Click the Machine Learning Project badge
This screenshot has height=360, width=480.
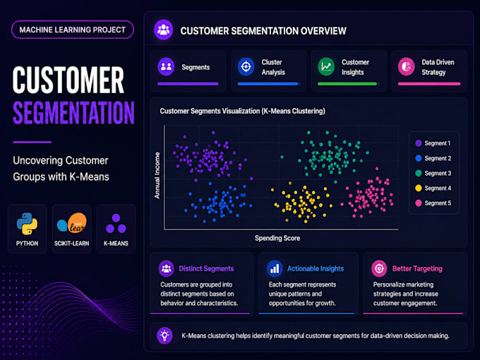tap(73, 30)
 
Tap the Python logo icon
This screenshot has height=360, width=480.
tap(27, 224)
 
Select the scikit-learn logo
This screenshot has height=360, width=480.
tap(71, 223)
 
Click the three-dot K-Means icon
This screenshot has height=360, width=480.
tap(116, 224)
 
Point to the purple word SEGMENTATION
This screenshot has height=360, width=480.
tap(73, 113)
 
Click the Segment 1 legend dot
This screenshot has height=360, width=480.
tap(419, 143)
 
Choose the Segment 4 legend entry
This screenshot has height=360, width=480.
tap(433, 188)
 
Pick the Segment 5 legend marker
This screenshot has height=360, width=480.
tap(419, 203)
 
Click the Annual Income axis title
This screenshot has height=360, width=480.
tap(157, 175)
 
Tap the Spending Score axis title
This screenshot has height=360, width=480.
tap(277, 238)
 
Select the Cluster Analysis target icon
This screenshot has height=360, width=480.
tap(246, 66)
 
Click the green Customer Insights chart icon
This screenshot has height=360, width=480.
tap(326, 66)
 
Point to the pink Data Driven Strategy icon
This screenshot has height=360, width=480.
tap(406, 66)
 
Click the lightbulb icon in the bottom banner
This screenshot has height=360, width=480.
tap(164, 335)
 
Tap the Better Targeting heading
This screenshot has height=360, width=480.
tap(417, 269)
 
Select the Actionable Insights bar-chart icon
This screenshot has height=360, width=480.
tap(275, 268)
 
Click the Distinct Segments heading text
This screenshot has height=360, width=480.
tap(206, 268)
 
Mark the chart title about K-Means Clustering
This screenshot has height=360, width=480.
tap(242, 111)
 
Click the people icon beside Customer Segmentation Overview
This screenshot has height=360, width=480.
tap(164, 30)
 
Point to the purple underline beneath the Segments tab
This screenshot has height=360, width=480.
tap(188, 83)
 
